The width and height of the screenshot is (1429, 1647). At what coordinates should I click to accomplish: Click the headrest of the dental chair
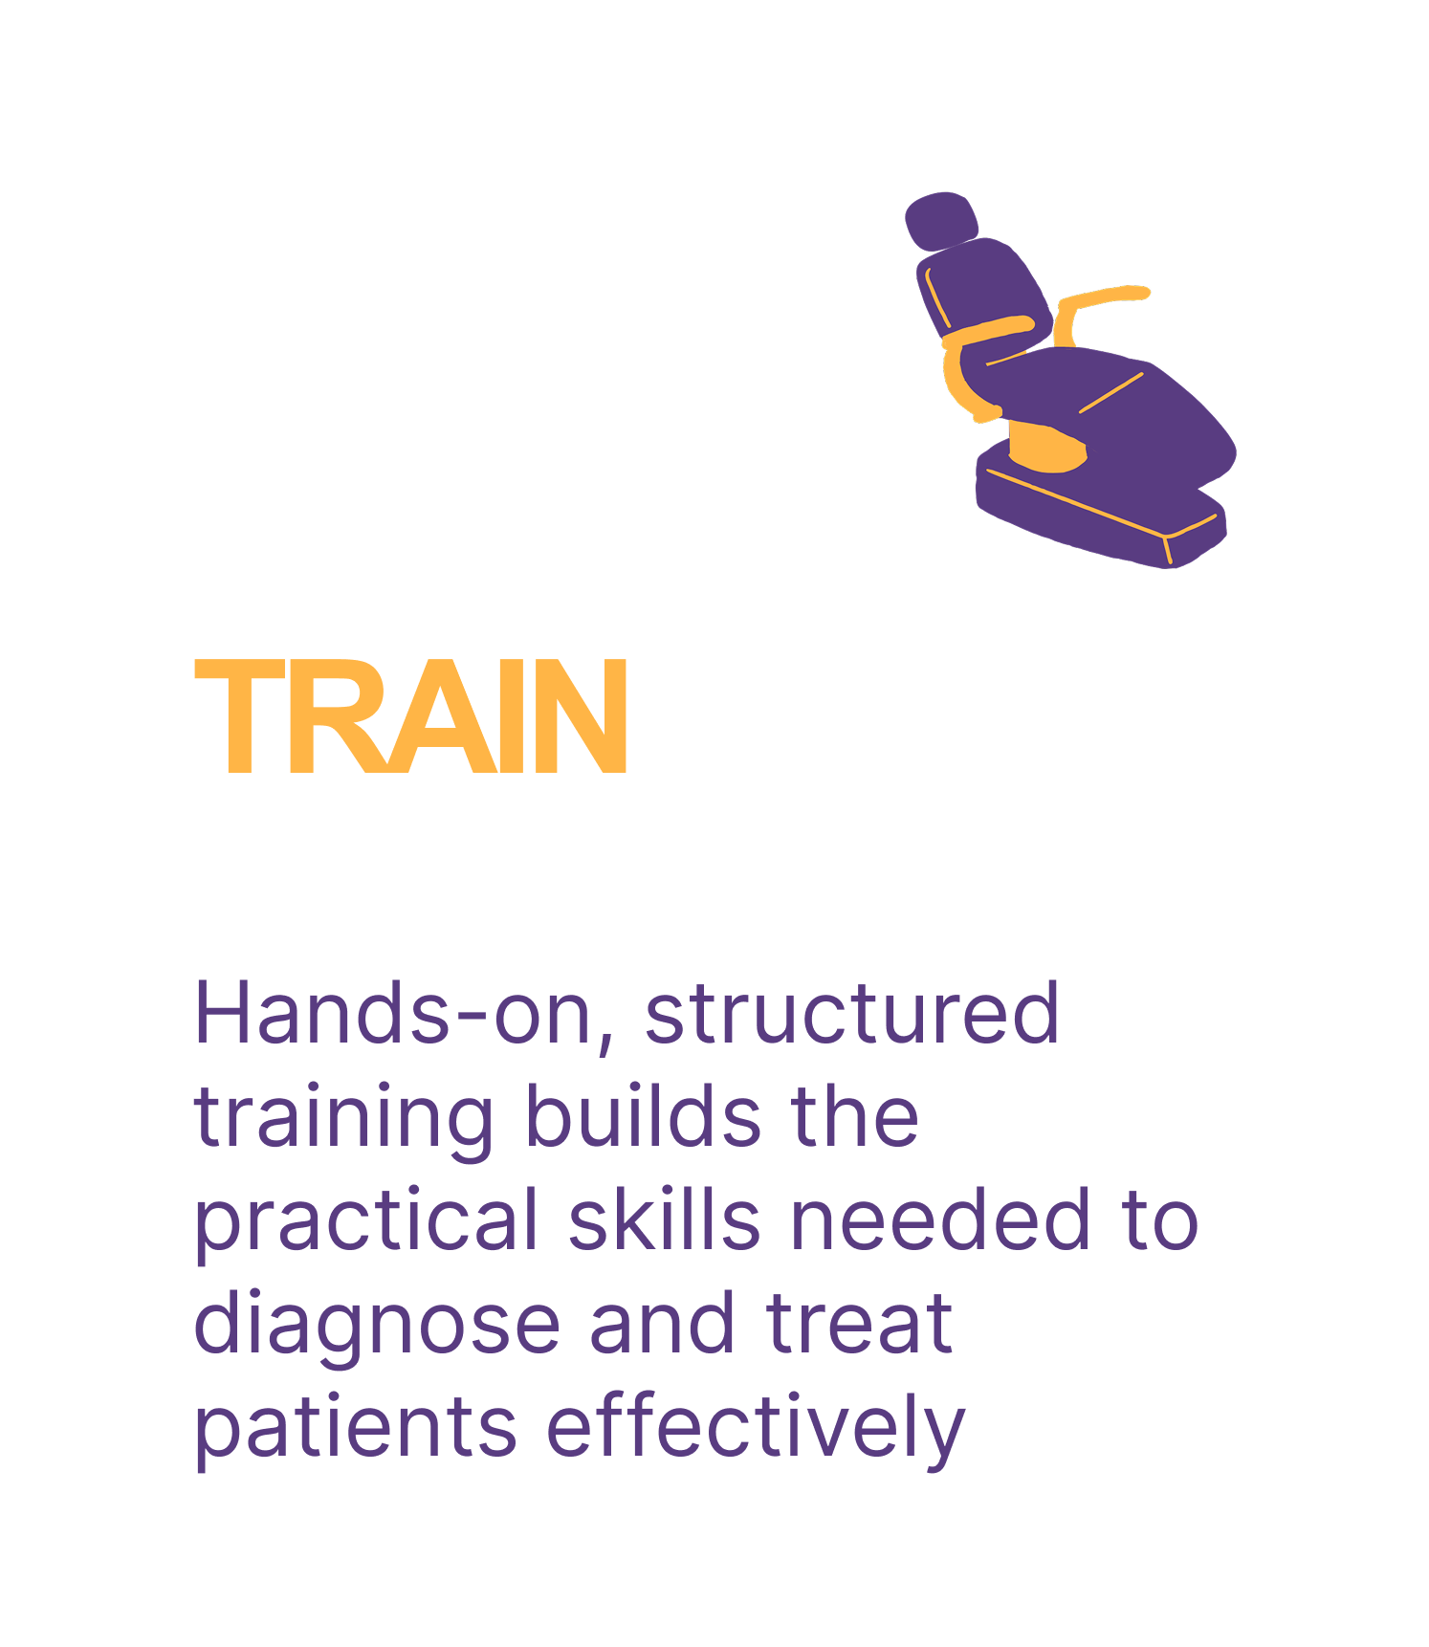[941, 221]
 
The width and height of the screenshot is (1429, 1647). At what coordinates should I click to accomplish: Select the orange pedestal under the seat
[1047, 450]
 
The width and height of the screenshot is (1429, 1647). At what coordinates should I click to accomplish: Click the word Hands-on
[393, 1014]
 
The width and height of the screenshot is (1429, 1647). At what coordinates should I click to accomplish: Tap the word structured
[852, 1014]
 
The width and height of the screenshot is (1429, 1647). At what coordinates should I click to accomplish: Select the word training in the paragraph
[343, 1119]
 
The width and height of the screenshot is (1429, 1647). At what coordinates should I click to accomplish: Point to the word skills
[665, 1220]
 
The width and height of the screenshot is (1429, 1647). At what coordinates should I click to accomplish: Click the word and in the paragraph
[662, 1324]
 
